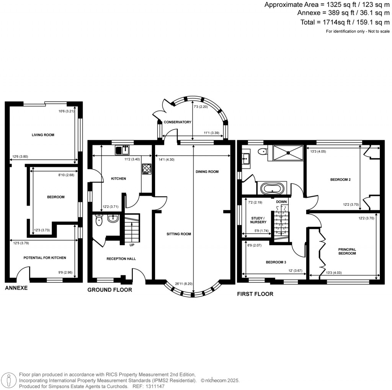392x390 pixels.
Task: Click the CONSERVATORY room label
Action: point(177,122)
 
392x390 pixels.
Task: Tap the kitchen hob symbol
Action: point(147,169)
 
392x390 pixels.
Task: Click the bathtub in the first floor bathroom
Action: point(272,188)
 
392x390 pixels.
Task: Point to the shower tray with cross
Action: point(287,152)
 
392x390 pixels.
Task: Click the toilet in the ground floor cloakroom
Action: point(100,220)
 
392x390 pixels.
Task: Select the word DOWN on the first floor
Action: point(281,201)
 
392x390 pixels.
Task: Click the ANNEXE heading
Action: point(16,288)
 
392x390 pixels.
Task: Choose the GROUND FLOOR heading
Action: point(110,290)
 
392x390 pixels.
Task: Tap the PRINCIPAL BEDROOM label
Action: point(347,252)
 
